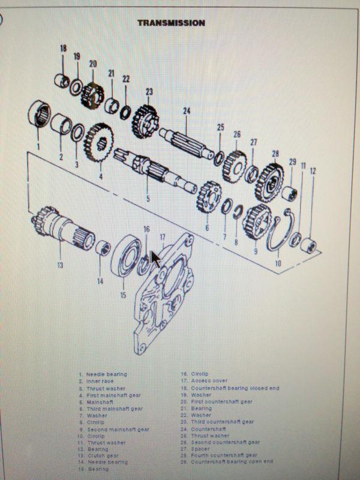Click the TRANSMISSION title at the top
coord(171,23)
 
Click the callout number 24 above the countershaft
coord(187,110)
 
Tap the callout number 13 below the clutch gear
coord(60,265)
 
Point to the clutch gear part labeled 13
coord(60,231)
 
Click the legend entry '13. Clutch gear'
coord(101,455)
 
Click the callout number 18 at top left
coord(63,49)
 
